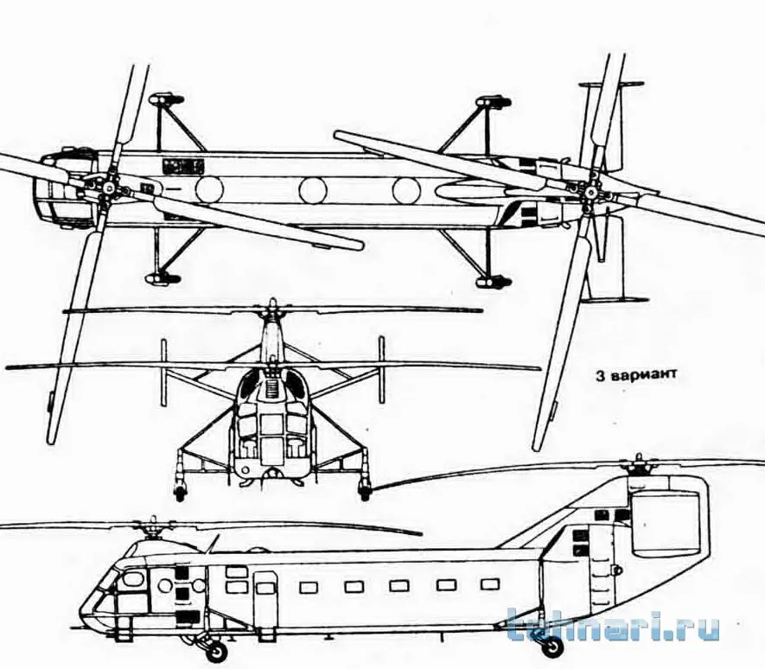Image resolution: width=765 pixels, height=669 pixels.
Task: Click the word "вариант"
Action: click(x=643, y=375)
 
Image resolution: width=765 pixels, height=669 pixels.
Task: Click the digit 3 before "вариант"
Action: click(x=600, y=375)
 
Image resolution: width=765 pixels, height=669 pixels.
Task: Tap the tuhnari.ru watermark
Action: click(x=613, y=625)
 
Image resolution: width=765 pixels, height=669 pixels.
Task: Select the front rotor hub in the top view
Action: click(x=107, y=188)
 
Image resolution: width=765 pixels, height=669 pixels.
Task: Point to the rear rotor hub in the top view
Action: click(x=593, y=191)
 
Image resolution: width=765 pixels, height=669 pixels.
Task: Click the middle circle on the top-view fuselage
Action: click(x=313, y=190)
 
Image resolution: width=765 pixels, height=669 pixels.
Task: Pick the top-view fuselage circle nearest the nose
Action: click(x=209, y=189)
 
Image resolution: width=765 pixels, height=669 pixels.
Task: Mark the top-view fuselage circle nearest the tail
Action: click(x=406, y=191)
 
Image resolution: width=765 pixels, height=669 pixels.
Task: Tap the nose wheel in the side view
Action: click(x=216, y=651)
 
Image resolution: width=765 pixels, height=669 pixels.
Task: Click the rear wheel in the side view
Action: click(x=551, y=646)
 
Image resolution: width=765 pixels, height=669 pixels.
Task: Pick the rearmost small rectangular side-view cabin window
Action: click(x=490, y=584)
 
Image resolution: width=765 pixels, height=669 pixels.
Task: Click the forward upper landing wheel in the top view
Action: click(x=166, y=100)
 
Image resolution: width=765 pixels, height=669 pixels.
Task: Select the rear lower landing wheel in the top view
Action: click(x=494, y=282)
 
